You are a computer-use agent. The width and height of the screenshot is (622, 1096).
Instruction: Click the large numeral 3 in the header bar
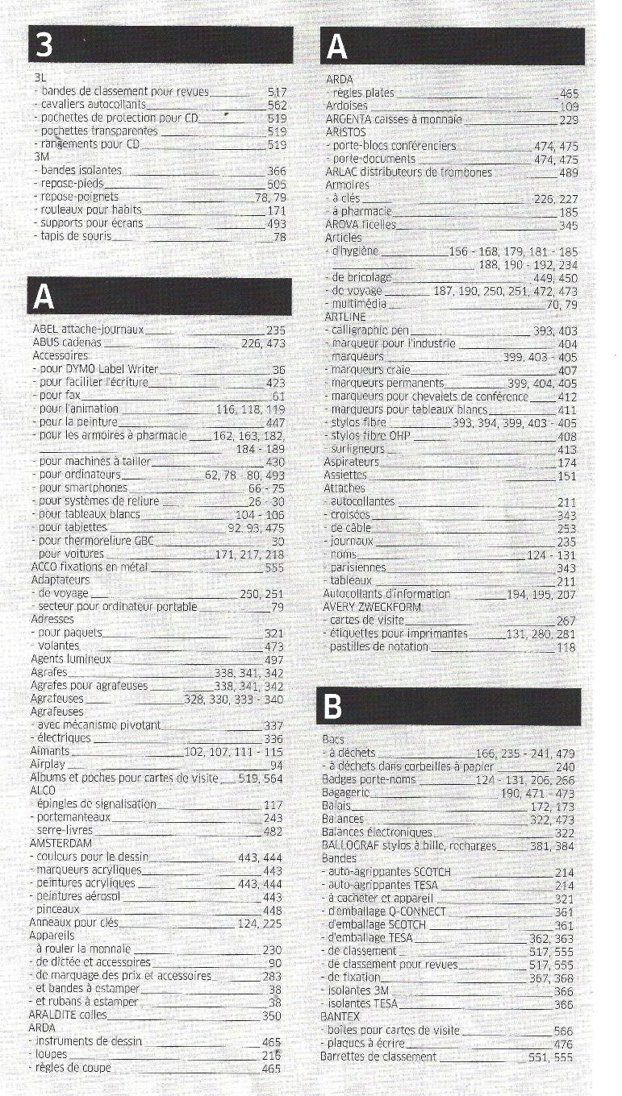45,47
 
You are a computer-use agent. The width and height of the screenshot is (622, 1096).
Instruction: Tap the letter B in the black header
332,707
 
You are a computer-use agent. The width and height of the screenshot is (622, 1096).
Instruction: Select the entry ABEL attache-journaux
88,329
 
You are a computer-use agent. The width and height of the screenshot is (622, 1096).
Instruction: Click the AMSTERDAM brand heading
61,844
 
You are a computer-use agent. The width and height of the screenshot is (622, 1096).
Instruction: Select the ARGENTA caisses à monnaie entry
393,118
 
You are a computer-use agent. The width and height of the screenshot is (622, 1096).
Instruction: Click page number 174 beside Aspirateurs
567,463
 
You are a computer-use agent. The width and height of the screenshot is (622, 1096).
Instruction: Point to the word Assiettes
344,475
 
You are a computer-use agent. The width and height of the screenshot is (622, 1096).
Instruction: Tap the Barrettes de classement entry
378,1057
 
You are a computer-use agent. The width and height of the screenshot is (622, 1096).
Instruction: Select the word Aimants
50,751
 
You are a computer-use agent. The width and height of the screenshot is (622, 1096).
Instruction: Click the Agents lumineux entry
70,659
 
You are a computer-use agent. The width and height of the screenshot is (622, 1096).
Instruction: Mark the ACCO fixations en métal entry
89,567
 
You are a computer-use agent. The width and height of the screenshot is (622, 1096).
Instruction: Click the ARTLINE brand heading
344,317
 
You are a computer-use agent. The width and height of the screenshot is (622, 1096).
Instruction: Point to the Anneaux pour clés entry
73,923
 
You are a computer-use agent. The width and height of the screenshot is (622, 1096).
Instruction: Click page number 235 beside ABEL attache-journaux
276,330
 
